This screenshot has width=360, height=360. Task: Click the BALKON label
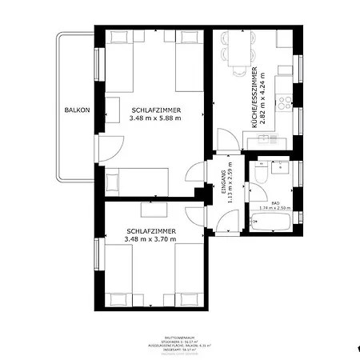click(x=78, y=110)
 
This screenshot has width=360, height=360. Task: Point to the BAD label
click(x=274, y=203)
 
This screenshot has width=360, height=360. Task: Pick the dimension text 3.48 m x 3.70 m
click(x=151, y=238)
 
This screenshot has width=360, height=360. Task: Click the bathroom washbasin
click(x=281, y=170)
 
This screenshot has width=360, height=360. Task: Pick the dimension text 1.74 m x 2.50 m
click(x=274, y=209)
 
